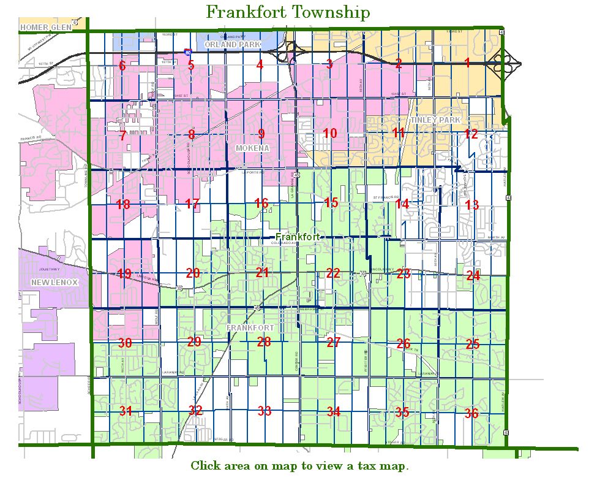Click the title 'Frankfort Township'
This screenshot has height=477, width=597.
(288, 12)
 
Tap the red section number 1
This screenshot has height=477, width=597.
(467, 63)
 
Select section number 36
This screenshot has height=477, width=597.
(471, 413)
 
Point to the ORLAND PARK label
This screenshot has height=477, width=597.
(232, 45)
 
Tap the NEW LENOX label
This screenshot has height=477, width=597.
(51, 281)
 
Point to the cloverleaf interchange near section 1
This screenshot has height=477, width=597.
(507, 63)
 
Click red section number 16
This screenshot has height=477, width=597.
(261, 203)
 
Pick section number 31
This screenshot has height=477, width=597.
(126, 411)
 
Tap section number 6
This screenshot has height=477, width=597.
(122, 66)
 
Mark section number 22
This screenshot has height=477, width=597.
(332, 273)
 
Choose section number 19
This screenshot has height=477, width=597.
(124, 273)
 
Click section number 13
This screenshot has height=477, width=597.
(471, 205)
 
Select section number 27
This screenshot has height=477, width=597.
(333, 342)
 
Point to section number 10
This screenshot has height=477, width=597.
(330, 133)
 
